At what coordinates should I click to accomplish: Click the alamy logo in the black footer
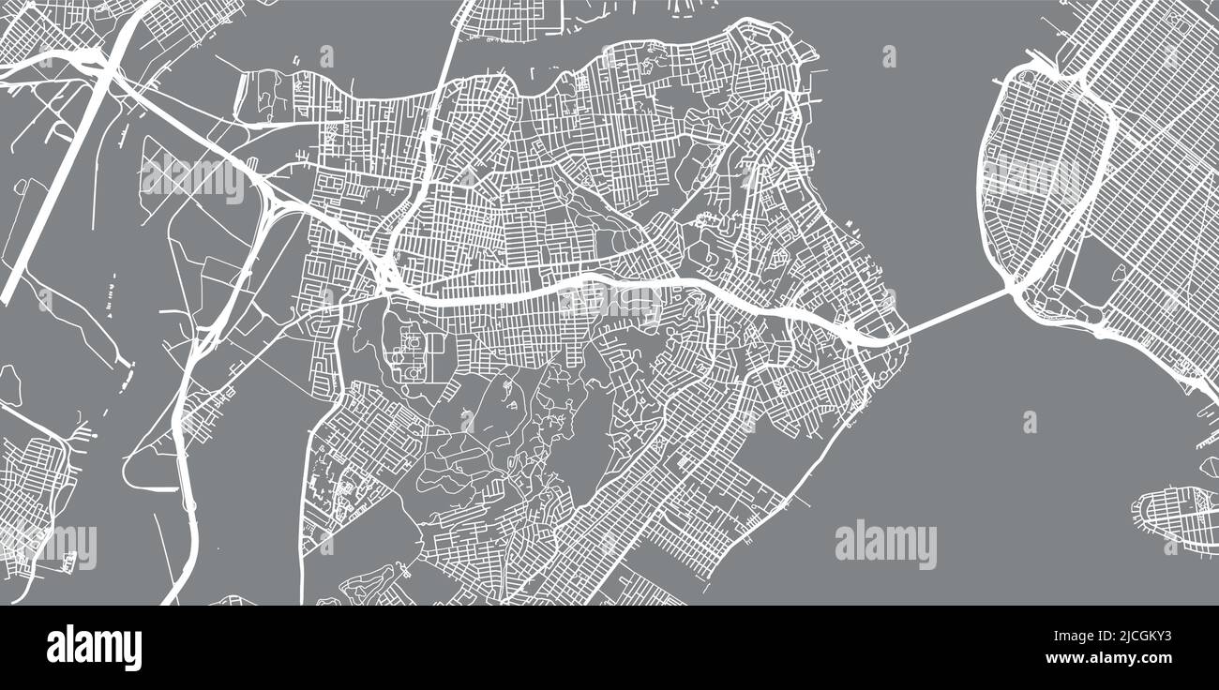click(94, 647)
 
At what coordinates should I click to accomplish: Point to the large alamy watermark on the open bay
click(885, 545)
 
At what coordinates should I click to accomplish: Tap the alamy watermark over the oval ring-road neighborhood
click(1031, 178)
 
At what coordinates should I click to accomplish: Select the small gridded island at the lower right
click(1177, 514)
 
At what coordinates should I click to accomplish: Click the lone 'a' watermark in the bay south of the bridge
click(1030, 422)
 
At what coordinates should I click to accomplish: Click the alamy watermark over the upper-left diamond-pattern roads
click(193, 178)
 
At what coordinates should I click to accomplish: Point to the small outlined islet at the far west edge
click(9, 384)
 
